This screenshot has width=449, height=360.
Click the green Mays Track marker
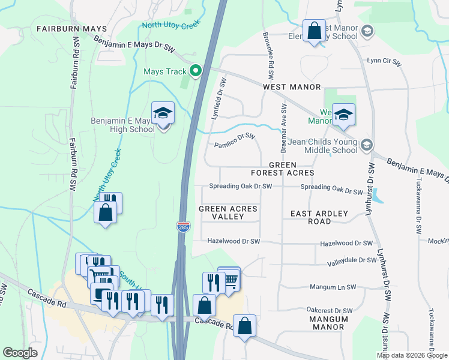click(195, 71)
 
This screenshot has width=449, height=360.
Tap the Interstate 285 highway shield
click(182, 227)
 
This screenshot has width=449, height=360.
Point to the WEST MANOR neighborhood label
click(292, 87)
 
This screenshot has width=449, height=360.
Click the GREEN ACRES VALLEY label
click(228, 212)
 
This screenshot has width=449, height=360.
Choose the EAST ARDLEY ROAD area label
click(319, 217)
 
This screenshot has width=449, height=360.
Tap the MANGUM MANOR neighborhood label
click(328, 323)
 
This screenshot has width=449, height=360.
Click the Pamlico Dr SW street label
click(235, 140)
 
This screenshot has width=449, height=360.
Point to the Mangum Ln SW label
click(333, 287)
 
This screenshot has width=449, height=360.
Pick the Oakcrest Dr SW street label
click(328, 310)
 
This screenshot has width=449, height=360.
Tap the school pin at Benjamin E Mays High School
click(162, 113)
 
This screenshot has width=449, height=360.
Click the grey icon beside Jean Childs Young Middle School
click(367, 145)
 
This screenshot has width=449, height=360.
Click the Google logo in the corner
click(20, 352)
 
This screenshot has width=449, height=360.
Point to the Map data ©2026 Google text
click(411, 355)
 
